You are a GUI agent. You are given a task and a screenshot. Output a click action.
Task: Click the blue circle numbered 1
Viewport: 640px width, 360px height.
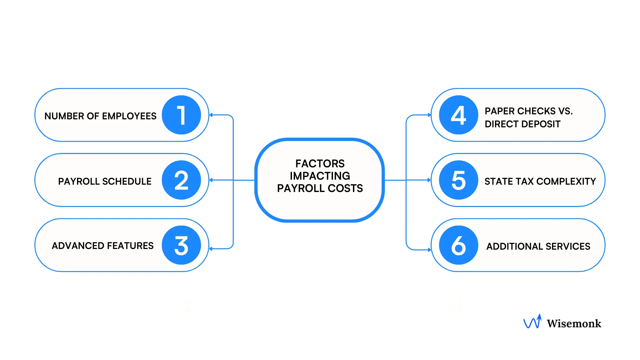pos(181,115)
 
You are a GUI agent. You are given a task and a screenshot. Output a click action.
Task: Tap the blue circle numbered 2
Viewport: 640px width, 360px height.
pos(181,180)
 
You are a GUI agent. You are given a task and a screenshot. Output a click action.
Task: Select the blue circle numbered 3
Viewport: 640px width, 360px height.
pos(181,245)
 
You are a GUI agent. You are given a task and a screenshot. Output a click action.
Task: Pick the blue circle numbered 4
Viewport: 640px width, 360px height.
pos(458,115)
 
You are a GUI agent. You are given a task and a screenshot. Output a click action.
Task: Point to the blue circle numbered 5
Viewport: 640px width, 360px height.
pos(458,180)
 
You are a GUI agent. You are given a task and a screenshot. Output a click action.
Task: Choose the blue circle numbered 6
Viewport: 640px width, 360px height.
pos(458,245)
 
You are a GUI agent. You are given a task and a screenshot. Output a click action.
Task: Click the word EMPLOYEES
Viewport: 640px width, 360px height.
pos(129,116)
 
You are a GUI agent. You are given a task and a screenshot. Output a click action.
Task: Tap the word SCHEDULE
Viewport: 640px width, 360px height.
pos(127,181)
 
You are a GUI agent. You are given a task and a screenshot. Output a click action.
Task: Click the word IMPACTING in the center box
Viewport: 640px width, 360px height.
pos(320,176)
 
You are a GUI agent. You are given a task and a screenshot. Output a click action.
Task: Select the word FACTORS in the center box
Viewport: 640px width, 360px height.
pos(320,163)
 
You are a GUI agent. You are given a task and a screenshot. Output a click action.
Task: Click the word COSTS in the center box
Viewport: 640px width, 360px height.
pos(345,188)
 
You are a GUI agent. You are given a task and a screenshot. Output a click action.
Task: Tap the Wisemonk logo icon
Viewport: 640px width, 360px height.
pos(532,322)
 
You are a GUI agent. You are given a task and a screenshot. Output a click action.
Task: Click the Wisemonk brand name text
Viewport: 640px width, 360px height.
pos(574,323)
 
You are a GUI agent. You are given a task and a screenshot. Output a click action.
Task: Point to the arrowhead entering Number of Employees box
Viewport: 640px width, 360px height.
pos(211,115)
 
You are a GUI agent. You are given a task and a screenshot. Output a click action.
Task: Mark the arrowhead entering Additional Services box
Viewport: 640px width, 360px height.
pos(429,250)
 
